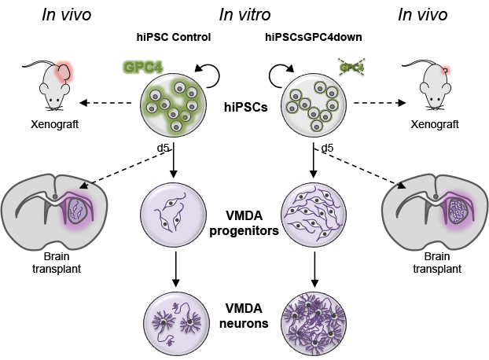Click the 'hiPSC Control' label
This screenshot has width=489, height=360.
click(172, 37)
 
